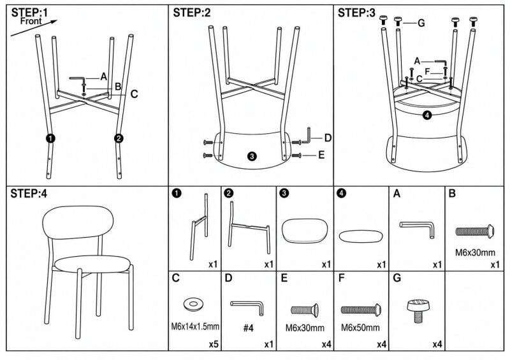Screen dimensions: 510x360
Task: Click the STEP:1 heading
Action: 29,13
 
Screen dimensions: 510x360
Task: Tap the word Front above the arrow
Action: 31,22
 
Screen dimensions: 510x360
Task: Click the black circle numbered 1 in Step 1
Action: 50,138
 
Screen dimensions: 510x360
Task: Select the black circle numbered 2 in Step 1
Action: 119,138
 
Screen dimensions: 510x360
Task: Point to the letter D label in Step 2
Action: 328,138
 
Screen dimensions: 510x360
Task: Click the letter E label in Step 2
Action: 321,155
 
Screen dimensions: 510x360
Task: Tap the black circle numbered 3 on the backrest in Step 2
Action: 252,156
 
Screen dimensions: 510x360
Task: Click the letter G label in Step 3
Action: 421,23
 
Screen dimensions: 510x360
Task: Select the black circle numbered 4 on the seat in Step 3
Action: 427,115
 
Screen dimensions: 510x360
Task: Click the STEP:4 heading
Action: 29,194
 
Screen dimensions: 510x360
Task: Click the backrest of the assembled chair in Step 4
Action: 78,222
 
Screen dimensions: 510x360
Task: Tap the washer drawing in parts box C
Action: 193,304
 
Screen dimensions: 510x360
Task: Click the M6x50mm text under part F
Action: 360,328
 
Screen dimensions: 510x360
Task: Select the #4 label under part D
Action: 249,328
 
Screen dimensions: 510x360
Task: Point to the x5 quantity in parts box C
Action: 214,344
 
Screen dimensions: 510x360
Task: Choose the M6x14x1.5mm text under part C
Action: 195,326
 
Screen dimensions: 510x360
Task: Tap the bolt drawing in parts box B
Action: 475,231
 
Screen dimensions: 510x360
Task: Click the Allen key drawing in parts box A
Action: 417,229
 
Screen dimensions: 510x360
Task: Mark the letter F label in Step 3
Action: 427,71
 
